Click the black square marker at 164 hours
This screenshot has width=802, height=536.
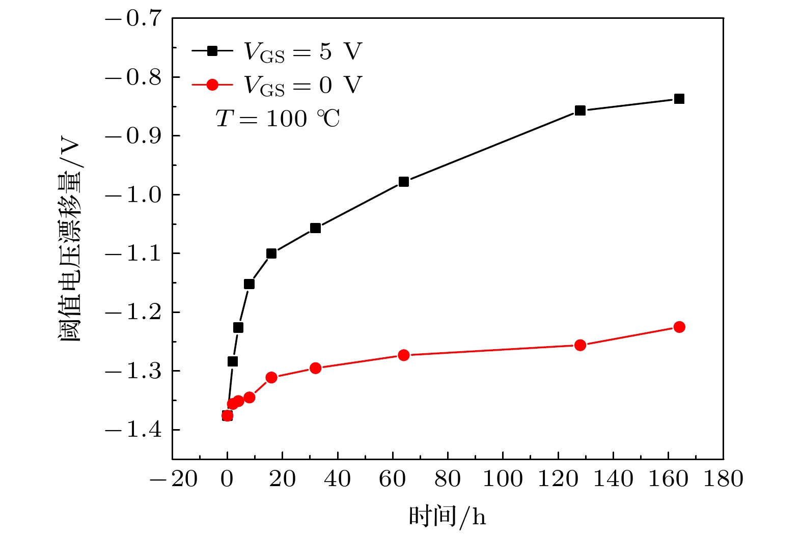679,99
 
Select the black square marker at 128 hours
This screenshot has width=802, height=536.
580,110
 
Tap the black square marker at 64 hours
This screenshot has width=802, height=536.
404,182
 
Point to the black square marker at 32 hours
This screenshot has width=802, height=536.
315,228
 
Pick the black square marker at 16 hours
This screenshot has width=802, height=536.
271,253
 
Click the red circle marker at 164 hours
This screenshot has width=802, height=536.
679,327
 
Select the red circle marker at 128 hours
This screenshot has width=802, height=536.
580,345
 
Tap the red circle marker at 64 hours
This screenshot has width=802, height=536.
404,355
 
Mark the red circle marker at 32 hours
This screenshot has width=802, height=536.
315,368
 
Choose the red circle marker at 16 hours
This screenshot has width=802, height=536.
271,378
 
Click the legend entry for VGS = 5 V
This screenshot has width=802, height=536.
278,51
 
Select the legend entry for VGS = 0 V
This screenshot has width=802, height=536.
278,85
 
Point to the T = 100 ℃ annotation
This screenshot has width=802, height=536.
278,119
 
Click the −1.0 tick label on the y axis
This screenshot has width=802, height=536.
133,195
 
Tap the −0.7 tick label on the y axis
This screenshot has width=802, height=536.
133,19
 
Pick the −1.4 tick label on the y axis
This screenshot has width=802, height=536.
133,430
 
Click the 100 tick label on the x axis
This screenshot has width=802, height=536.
503,479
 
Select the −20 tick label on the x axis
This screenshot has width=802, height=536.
173,479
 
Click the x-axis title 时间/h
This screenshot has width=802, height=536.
447,517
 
